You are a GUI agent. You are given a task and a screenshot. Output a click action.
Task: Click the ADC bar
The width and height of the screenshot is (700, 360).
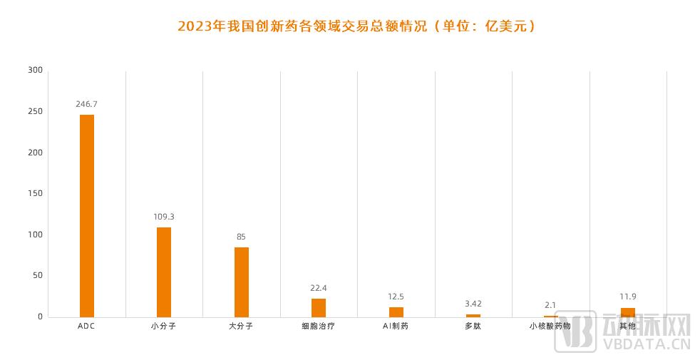point(86,215)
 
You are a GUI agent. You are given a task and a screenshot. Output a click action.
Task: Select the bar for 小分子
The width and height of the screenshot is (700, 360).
point(164,272)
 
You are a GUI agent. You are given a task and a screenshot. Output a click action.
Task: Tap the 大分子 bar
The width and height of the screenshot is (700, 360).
point(242,282)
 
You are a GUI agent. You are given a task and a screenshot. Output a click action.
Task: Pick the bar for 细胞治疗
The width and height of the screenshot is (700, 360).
point(319,307)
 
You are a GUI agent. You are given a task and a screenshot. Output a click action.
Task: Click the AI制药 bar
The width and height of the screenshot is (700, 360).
point(396,312)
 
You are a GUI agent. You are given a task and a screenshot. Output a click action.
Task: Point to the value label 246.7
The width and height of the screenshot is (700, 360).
point(86,104)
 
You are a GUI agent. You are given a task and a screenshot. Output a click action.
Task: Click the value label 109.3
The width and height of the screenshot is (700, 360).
point(164,216)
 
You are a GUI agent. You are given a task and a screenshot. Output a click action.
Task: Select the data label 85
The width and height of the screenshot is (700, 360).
point(242,236)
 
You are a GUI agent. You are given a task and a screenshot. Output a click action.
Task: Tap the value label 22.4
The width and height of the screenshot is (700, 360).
point(319,287)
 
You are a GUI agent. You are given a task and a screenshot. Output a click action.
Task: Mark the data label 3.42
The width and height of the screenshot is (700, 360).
point(473,304)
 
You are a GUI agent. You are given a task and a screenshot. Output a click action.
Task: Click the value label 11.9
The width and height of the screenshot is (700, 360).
point(628,297)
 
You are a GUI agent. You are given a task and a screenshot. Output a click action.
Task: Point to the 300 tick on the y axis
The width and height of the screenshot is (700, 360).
point(35,70)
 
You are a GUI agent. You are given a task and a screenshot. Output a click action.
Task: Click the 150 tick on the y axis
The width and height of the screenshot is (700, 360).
point(35,193)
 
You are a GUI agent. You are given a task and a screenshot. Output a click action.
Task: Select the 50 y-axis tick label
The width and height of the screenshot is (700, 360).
point(37,275)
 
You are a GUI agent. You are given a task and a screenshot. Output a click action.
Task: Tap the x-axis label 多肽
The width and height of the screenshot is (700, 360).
point(473,326)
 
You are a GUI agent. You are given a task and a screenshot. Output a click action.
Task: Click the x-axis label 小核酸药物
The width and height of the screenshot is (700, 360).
point(550,326)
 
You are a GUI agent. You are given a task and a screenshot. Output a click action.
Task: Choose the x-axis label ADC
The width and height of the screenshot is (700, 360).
point(86,326)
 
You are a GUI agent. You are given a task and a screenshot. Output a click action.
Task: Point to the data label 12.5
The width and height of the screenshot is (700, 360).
point(396,296)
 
